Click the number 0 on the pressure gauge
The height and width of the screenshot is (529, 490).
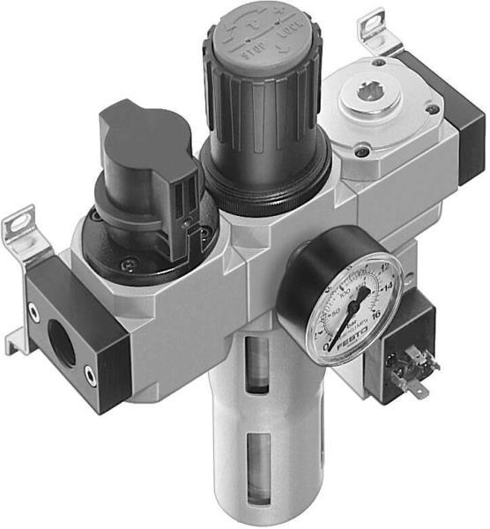point(329,347)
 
